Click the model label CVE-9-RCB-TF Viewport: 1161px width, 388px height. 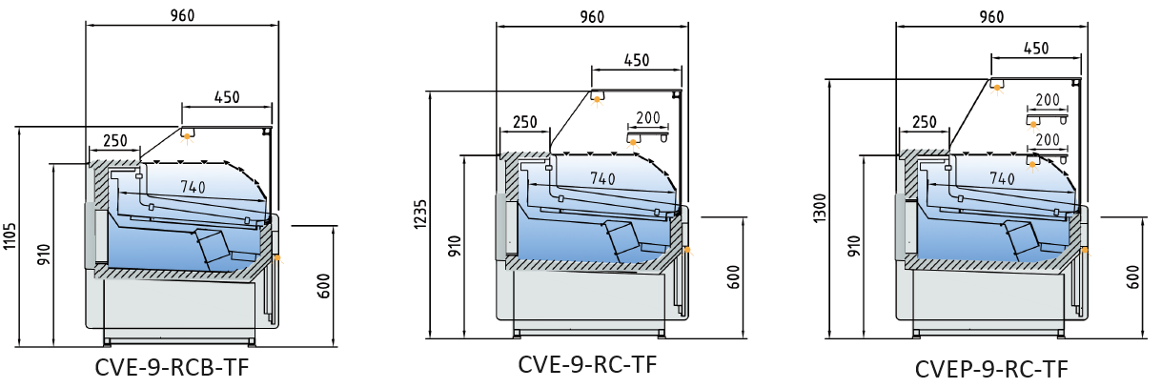(172, 367)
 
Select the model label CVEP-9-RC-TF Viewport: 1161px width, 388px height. (991, 369)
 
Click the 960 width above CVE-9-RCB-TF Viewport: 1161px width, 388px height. (181, 14)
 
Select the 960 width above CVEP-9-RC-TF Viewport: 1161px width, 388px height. (991, 16)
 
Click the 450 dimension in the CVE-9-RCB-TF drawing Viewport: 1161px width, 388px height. (226, 96)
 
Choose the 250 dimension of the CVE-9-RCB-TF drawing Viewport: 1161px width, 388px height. (114, 140)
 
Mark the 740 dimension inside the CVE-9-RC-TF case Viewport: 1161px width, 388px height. (602, 177)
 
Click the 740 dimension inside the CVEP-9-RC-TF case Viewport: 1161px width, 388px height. (1002, 177)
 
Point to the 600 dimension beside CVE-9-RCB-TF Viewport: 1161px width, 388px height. (324, 285)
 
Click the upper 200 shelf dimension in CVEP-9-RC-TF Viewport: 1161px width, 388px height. (1048, 99)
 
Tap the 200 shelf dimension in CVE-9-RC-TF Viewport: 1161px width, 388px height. (648, 118)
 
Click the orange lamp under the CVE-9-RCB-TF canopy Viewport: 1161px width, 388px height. (188, 137)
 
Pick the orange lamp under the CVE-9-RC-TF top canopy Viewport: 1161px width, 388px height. (598, 97)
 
